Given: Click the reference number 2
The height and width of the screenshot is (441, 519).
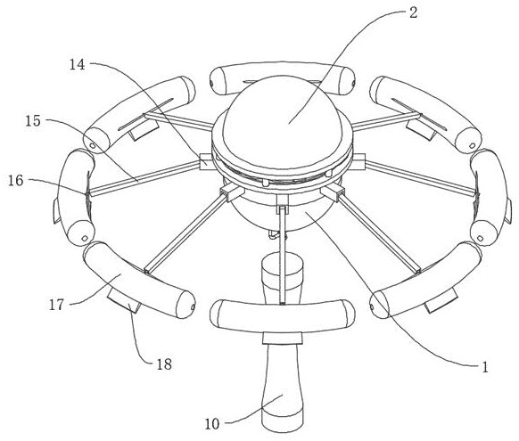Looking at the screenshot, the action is tap(413, 13).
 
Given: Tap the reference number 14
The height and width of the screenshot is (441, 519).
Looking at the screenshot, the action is tap(77, 65).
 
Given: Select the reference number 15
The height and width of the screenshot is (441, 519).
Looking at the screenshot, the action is tap(33, 121).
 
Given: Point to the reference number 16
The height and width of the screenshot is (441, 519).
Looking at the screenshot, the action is tap(16, 181).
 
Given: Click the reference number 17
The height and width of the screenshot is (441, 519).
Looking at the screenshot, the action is tap(56, 305).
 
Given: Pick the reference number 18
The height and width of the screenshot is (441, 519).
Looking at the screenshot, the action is tap(164, 364).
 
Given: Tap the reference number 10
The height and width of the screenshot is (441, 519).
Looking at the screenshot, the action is tap(212, 424).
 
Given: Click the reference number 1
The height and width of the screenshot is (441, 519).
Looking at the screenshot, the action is tap(485, 367).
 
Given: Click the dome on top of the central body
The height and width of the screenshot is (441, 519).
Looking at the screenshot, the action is tap(282, 116).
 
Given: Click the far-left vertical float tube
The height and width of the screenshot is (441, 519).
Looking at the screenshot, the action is tap(75, 198).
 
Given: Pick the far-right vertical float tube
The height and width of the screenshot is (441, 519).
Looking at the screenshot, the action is tap(490, 197).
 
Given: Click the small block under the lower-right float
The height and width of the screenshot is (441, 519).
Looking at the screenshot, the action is tap(442, 303).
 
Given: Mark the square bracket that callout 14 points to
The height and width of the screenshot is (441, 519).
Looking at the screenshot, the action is tap(207, 162).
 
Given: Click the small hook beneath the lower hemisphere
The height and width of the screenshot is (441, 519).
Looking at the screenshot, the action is tap(274, 234).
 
